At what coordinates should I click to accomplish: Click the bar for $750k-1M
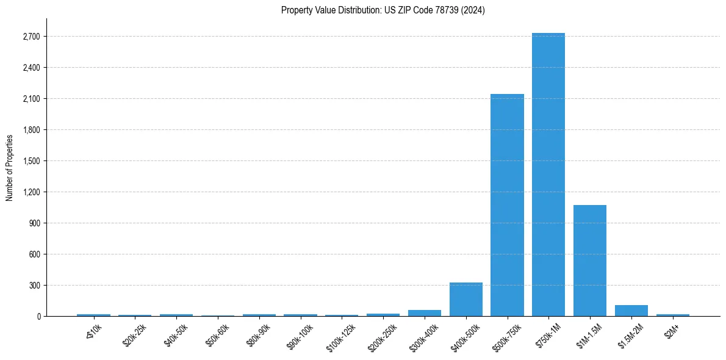click(x=548, y=175)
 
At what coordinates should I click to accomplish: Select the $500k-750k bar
click(x=507, y=205)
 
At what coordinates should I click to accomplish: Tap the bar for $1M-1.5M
click(x=590, y=261)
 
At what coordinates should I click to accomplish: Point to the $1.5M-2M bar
click(x=631, y=311)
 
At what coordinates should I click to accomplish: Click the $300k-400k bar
click(x=425, y=313)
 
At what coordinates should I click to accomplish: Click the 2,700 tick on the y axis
click(x=31, y=37)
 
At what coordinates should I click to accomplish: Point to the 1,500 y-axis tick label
click(x=31, y=161)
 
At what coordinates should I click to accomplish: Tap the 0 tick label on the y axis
click(x=38, y=317)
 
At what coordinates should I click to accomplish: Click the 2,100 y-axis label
click(x=31, y=99)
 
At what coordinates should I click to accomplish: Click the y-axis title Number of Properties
click(x=10, y=168)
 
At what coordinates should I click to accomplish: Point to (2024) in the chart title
click(x=473, y=10)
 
